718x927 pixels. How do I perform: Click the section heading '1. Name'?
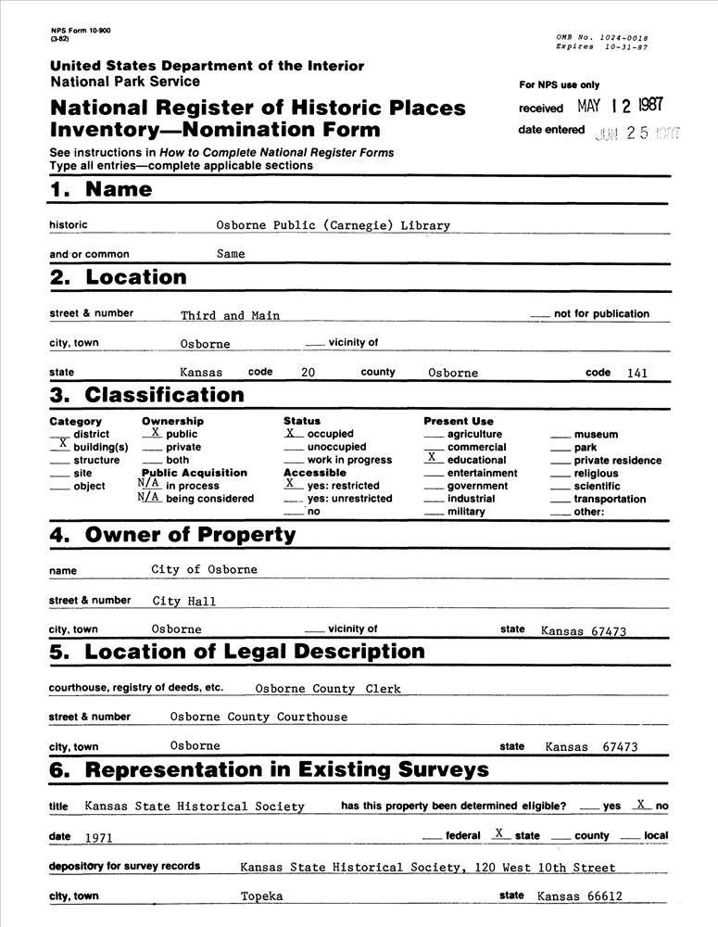pos(100,190)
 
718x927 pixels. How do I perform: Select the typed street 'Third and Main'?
pos(230,315)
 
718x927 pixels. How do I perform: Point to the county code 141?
pos(636,374)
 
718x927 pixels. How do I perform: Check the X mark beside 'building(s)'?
pos(63,445)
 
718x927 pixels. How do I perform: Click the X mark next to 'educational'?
pos(431,458)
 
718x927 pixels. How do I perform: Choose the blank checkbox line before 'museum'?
pos(561,435)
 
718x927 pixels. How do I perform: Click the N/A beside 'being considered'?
pos(149,497)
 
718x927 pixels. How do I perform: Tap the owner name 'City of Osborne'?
pos(205,569)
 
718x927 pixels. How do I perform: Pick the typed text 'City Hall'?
pos(184,602)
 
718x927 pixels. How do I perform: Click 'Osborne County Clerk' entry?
pos(327,689)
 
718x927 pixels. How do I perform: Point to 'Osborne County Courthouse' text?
pos(258,717)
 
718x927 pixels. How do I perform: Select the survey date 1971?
pos(98,837)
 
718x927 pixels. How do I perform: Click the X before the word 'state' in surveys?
pos(498,833)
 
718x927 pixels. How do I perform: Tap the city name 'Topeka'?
pos(261,896)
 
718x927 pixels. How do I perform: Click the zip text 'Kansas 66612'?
pos(579,896)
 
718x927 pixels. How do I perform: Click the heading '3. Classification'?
pos(146,396)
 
